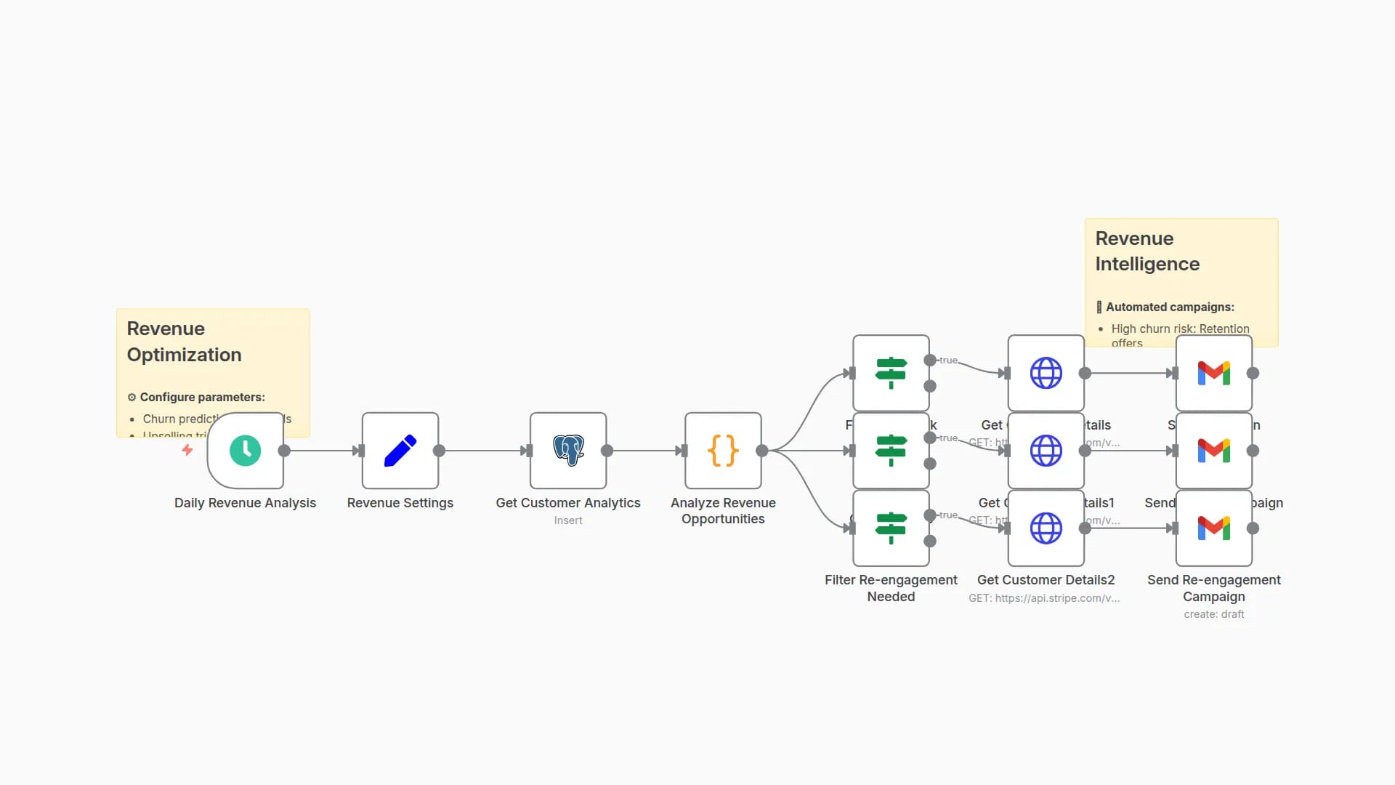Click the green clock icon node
click(245, 451)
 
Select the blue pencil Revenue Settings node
click(400, 451)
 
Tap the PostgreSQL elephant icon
click(568, 451)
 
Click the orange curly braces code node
click(723, 451)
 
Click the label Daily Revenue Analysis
click(245, 503)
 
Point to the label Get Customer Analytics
click(568, 503)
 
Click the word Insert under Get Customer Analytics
click(568, 520)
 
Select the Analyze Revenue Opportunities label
click(723, 511)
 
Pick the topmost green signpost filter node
click(891, 373)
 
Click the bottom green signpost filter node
click(891, 528)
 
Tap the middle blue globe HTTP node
click(1046, 451)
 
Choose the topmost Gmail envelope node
click(1213, 373)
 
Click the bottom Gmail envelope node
click(1213, 528)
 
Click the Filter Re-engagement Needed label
click(891, 588)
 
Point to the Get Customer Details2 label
click(1046, 580)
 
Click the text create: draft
click(1213, 614)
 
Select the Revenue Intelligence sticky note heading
click(1147, 251)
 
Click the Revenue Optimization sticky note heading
click(184, 342)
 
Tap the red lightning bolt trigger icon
click(187, 451)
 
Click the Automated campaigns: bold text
click(1170, 307)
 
